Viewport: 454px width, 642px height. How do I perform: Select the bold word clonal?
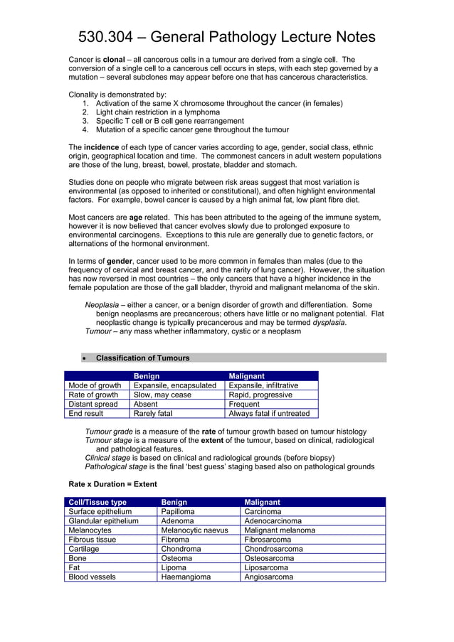click(x=115, y=60)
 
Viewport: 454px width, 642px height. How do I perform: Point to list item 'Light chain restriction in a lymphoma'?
click(x=157, y=112)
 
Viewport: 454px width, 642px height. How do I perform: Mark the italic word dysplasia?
click(x=329, y=322)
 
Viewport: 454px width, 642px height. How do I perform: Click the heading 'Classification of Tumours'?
click(x=142, y=358)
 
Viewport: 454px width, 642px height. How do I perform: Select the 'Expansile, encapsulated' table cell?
click(x=175, y=385)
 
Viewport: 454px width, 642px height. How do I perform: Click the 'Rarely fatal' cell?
click(x=153, y=413)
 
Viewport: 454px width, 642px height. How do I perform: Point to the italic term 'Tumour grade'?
click(x=107, y=432)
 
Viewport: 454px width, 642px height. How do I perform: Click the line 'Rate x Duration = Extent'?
click(x=112, y=483)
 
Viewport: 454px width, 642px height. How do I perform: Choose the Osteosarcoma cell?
click(x=269, y=558)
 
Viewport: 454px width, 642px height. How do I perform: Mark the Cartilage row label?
click(x=84, y=549)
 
